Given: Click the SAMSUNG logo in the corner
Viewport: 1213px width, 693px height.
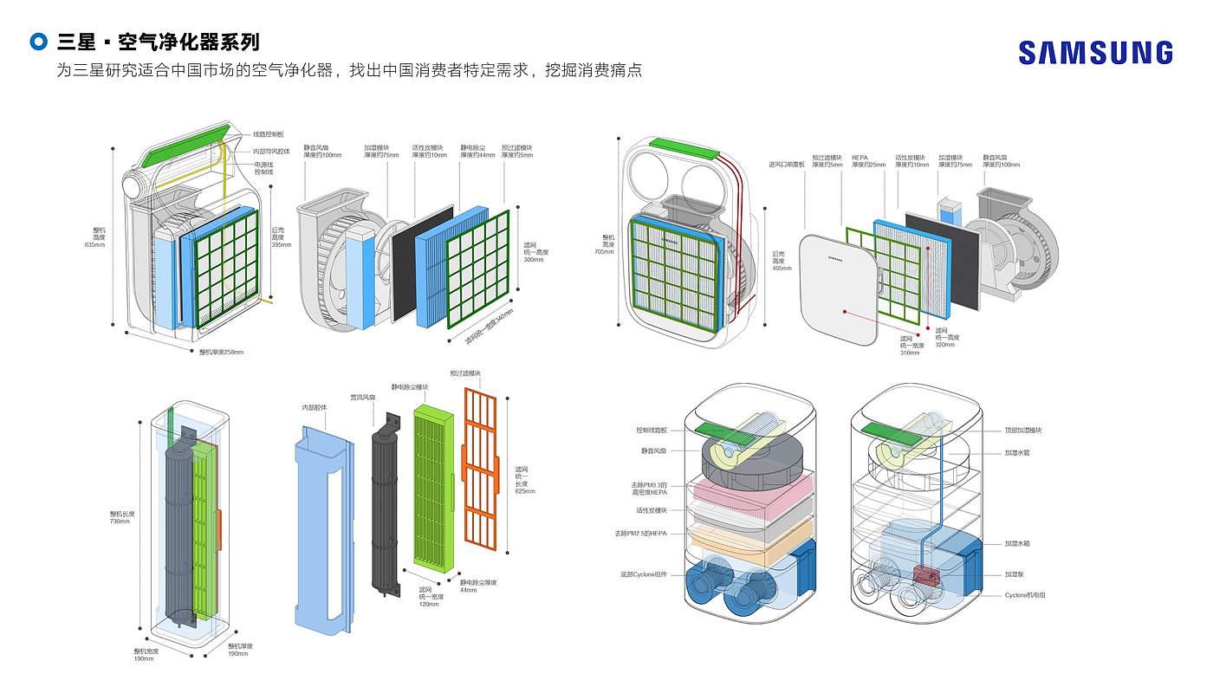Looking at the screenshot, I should pyautogui.click(x=1095, y=53).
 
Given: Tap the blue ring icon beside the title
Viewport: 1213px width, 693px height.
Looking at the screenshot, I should pyautogui.click(x=38, y=42).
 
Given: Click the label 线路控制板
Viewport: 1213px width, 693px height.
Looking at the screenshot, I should pyautogui.click(x=269, y=134).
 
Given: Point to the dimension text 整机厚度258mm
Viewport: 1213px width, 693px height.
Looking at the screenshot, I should pyautogui.click(x=221, y=352).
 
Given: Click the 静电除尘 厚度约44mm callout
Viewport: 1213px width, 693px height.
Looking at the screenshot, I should pyautogui.click(x=477, y=152).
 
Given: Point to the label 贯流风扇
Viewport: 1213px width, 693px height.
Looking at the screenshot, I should pyautogui.click(x=362, y=397).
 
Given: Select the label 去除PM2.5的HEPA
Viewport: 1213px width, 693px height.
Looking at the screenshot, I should pyautogui.click(x=641, y=533).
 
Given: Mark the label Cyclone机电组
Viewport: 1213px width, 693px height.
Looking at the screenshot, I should pyautogui.click(x=1026, y=595).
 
